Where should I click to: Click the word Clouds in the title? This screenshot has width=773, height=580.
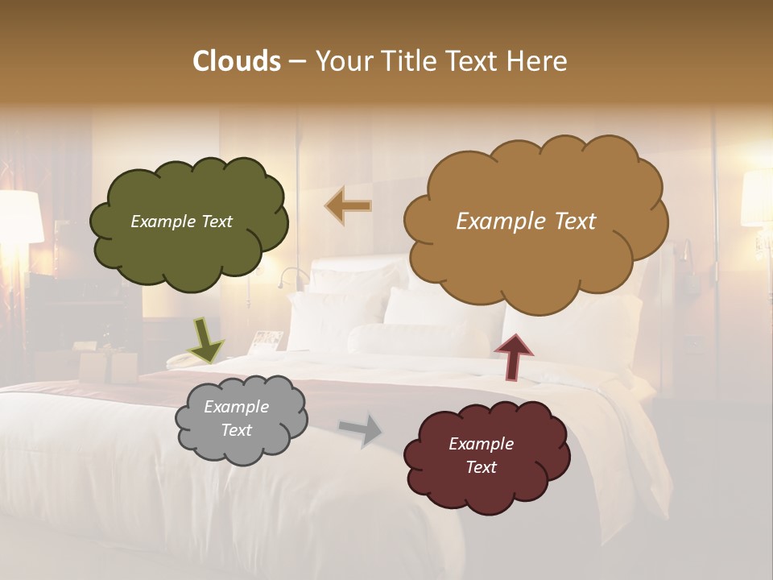click(x=237, y=61)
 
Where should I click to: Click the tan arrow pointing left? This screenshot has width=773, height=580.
click(x=349, y=206)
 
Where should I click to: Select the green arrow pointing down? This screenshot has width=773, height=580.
click(x=206, y=339)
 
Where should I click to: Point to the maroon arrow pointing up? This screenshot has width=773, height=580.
click(x=514, y=356)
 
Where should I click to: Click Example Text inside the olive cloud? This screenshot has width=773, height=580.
click(x=181, y=222)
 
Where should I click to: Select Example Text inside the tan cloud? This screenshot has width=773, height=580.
click(x=526, y=222)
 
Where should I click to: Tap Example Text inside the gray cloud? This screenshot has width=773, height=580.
click(x=236, y=419)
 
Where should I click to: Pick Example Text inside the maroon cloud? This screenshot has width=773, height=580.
click(x=481, y=455)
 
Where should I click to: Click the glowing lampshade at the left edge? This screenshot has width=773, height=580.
click(x=20, y=216)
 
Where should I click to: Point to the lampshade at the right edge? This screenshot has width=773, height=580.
click(x=758, y=197)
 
